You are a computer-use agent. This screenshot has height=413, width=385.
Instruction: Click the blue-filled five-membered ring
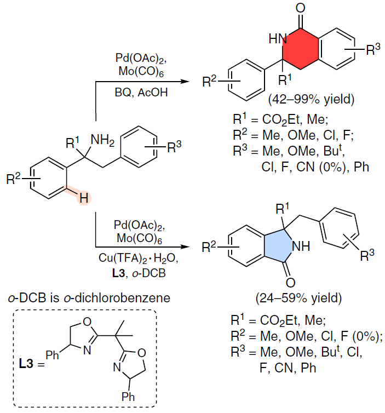[x=278, y=246]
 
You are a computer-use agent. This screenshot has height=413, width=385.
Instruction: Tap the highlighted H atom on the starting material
[x=84, y=198]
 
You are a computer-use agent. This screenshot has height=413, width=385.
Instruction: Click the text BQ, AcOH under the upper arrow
[x=141, y=93]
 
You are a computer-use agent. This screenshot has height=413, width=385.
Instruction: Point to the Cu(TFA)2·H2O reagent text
[x=138, y=259]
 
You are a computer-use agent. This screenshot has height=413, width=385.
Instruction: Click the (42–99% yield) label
[x=311, y=99]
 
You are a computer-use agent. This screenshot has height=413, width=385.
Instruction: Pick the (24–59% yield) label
[x=298, y=298]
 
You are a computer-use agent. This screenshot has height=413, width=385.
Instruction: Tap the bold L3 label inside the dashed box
[x=26, y=364]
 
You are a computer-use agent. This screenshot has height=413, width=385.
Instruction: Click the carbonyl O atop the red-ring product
[x=301, y=8]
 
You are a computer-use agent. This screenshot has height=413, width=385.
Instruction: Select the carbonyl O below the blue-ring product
[x=290, y=283]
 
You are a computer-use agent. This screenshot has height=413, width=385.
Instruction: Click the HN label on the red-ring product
[x=278, y=39]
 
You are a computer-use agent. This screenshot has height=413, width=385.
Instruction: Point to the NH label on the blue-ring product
[x=302, y=246]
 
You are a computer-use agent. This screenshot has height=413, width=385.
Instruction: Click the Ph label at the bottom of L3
[x=128, y=397]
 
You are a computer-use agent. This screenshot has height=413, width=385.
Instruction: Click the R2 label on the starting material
[x=14, y=179]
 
